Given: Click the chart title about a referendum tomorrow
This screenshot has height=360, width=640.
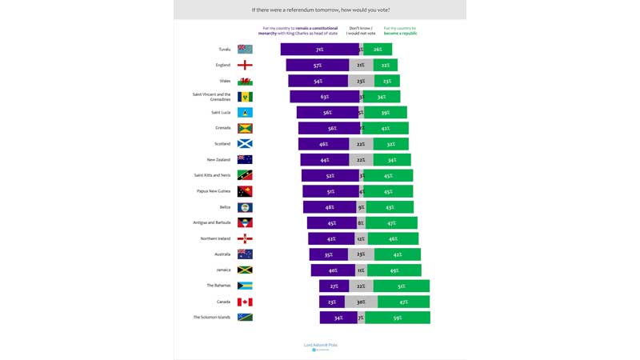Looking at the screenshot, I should (320, 10).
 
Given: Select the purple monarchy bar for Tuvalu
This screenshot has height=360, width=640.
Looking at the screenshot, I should (319, 50).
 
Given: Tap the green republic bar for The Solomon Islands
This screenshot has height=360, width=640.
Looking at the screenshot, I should (398, 318).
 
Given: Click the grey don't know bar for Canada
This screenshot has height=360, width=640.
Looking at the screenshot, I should (360, 302).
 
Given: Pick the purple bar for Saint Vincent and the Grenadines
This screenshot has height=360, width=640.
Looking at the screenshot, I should (324, 97).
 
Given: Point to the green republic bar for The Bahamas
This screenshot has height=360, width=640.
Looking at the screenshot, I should (401, 286).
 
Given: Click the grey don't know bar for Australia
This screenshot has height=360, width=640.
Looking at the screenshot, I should (361, 254).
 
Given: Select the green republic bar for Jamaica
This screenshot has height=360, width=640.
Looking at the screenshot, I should (394, 270).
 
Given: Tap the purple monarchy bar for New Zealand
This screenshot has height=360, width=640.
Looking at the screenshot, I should (325, 160).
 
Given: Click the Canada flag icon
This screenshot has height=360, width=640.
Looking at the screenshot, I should (245, 302).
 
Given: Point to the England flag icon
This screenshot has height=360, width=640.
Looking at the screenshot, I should (245, 66).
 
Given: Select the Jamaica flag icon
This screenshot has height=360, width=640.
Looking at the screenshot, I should (245, 270).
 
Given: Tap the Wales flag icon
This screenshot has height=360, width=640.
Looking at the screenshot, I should (245, 81).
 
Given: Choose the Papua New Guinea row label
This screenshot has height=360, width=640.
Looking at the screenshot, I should (214, 191).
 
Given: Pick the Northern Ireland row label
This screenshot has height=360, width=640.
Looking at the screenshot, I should (215, 238).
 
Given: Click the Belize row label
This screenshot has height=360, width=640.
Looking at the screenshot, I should (225, 207).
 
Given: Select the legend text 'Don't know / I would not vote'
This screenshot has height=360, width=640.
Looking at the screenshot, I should (360, 30).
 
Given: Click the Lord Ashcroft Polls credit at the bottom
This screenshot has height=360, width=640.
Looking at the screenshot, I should (320, 346).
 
